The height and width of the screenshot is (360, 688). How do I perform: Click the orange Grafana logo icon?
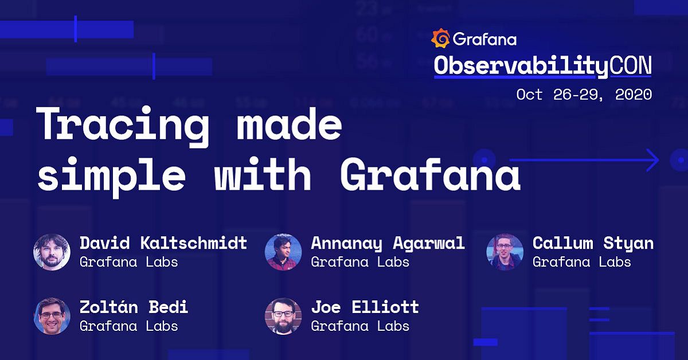tap(440, 38)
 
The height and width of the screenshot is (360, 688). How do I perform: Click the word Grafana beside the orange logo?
tap(484, 39)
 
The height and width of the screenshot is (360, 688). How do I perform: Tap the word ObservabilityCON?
tap(542, 66)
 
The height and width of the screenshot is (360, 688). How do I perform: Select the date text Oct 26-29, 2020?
tap(584, 95)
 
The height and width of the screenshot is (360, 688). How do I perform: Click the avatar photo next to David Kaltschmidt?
tap(52, 252)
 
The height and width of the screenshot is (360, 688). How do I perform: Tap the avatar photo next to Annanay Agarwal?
tap(283, 252)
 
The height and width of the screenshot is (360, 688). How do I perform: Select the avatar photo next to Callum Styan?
tap(505, 252)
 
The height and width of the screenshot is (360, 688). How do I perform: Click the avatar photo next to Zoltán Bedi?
tap(52, 316)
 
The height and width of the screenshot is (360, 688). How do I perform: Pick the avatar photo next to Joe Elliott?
tap(283, 316)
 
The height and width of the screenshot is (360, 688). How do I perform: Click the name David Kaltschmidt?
tap(163, 243)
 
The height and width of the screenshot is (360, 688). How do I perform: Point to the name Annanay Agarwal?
tap(388, 243)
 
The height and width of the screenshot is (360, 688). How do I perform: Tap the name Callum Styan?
tap(593, 243)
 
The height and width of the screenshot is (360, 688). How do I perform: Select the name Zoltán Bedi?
tap(134, 307)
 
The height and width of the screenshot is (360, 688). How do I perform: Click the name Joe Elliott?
tap(365, 307)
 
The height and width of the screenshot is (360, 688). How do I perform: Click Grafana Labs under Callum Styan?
tap(581, 262)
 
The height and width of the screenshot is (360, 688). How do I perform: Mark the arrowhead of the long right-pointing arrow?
tap(655, 161)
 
